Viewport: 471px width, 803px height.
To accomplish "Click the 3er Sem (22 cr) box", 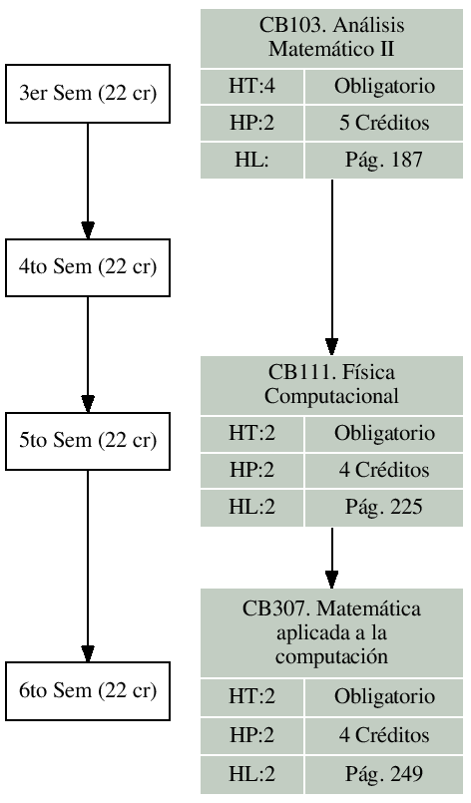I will point(88,95).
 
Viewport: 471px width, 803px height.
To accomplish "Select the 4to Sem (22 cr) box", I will point(88,267).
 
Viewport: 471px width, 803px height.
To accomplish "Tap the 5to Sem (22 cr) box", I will point(88,439).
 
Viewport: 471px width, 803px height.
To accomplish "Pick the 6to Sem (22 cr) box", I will point(88,690).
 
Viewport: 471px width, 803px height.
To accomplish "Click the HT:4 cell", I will point(250,88).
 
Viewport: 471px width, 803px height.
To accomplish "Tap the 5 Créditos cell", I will point(384,125).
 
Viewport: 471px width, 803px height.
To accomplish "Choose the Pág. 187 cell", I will point(384,161).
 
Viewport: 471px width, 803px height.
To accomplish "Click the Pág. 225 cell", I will point(384,507).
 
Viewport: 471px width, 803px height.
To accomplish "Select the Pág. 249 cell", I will point(384,772).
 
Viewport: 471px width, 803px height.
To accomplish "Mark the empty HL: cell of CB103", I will point(250,161).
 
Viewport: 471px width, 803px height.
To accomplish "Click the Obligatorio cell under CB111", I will point(384,434).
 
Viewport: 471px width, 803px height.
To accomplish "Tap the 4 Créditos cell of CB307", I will point(384,735).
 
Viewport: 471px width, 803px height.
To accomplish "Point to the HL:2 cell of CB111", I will point(250,507).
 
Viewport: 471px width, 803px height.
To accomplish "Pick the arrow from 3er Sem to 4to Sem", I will point(88,180).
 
